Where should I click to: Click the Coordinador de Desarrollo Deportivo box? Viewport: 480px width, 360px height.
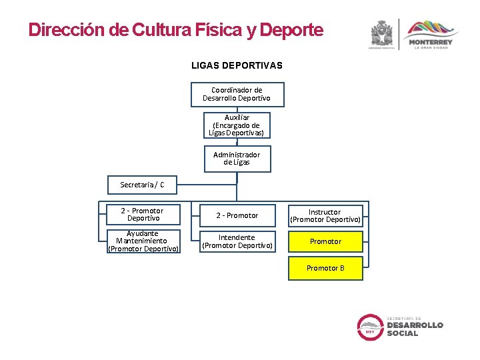coord(237,94)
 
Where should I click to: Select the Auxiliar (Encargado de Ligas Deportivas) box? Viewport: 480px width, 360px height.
coord(237,125)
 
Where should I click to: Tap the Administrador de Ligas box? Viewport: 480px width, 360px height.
coord(237,158)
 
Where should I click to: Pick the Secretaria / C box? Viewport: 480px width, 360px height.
coord(142,184)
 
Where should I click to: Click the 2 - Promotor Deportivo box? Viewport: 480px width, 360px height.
coord(143,214)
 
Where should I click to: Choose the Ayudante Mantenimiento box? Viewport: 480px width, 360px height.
coord(143,241)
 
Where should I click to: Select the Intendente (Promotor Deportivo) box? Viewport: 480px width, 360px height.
coord(237,241)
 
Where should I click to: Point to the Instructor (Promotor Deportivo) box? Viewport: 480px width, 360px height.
coord(325,215)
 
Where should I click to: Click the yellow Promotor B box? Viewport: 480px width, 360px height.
coord(325,268)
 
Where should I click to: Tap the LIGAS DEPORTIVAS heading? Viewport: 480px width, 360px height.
coord(237,65)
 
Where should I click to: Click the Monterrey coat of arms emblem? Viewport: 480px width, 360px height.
coord(383,33)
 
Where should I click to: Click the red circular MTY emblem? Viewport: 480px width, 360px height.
coord(370,327)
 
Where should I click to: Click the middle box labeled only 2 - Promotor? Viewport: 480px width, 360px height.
coord(237,215)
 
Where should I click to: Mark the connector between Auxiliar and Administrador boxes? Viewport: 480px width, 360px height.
coord(237,142)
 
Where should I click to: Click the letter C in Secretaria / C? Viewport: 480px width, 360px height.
coord(162,185)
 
